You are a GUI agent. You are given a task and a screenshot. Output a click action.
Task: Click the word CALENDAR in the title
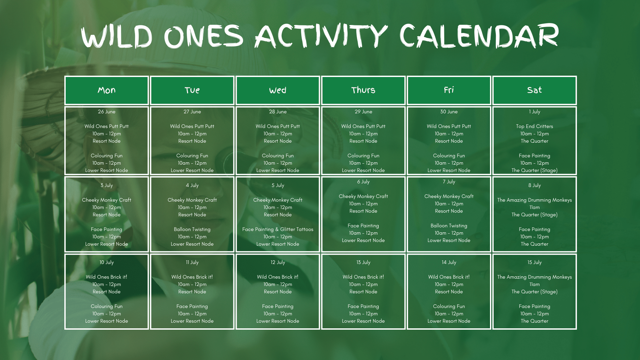(479, 36)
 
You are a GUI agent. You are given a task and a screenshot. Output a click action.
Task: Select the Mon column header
(107, 90)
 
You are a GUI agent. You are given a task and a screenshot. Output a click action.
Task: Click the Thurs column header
(363, 90)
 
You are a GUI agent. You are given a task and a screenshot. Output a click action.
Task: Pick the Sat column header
(535, 90)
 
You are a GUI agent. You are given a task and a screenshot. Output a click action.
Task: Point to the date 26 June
(107, 112)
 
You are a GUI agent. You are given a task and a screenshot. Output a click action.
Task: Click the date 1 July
(535, 112)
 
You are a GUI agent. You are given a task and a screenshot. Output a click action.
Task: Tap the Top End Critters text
(535, 126)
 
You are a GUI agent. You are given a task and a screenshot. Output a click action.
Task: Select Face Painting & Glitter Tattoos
(278, 229)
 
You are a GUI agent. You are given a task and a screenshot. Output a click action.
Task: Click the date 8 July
(535, 185)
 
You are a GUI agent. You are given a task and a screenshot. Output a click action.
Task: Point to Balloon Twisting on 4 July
(192, 229)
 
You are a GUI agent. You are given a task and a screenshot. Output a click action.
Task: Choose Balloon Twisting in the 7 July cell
(449, 226)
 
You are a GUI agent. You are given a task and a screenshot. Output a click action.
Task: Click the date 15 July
(535, 262)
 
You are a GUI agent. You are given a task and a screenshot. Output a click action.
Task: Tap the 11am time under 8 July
(535, 207)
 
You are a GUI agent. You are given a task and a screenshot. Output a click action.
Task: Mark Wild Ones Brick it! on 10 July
(107, 277)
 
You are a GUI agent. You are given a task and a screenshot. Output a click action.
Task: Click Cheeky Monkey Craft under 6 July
(363, 196)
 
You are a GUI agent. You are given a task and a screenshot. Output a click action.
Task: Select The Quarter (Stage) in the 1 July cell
(535, 170)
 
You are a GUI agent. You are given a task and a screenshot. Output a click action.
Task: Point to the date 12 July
(278, 262)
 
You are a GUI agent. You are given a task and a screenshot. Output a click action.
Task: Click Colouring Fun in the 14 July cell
(449, 306)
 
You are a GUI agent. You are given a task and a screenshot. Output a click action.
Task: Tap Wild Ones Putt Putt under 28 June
(278, 126)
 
